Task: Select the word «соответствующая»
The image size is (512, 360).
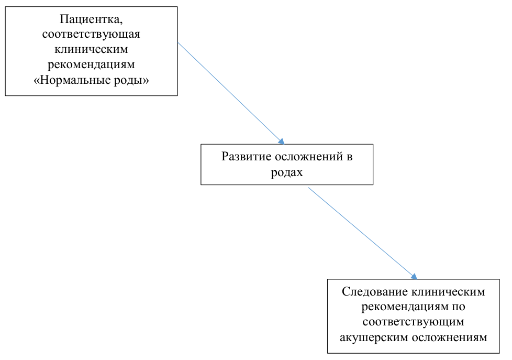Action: [91, 34]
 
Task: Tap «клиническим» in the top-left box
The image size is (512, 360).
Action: [91, 49]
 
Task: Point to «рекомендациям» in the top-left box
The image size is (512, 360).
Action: [91, 64]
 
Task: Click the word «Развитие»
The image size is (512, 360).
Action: [247, 157]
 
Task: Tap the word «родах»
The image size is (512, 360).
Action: [287, 172]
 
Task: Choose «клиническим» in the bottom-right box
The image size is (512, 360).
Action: [448, 292]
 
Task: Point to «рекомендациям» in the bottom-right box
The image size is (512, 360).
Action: [405, 307]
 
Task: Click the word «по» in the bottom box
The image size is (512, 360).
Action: [459, 307]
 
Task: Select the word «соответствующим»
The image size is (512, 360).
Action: [413, 322]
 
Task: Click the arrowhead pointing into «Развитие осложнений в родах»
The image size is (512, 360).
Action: [282, 141]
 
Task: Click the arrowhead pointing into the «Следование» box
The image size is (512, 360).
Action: [415, 277]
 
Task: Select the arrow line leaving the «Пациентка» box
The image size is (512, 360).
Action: [231, 93]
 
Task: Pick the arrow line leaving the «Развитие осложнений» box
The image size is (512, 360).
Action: [363, 234]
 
